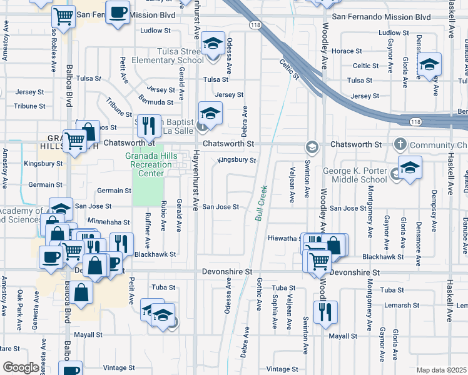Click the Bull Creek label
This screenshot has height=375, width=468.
point(261,202)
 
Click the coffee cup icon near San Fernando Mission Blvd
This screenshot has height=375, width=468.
point(118,13)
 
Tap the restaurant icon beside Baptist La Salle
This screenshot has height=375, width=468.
point(149,126)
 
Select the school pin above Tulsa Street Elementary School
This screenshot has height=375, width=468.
point(213,44)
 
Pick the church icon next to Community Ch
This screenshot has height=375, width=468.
point(400,145)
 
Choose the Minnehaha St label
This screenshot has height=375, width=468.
point(109,222)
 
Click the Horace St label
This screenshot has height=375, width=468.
point(347,51)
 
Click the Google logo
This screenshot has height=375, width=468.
point(21,367)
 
